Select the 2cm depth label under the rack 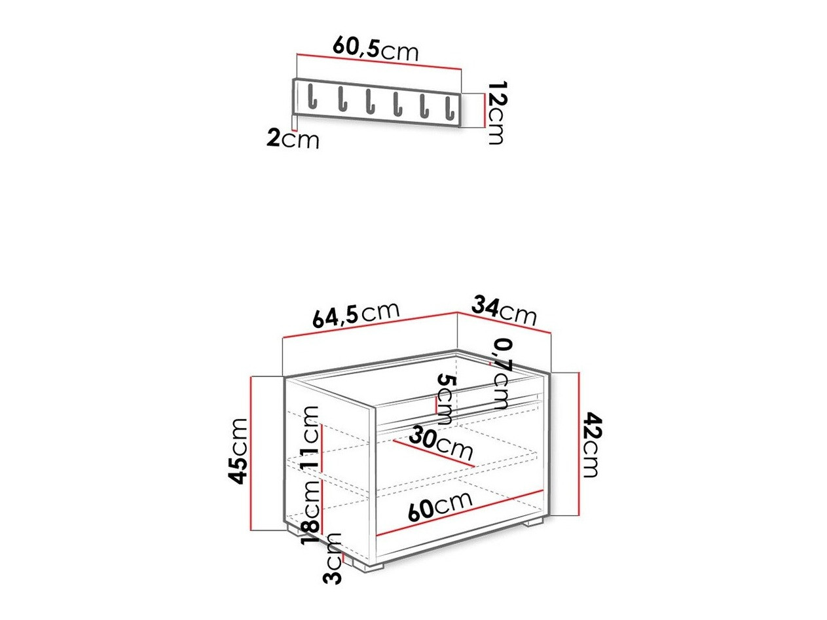pos(293,139)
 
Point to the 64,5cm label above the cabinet pos(355,314)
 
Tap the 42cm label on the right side pos(591,445)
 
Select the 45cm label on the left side pos(240,451)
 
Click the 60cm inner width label pos(439,505)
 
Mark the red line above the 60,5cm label pos(379,61)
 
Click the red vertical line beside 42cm pos(579,445)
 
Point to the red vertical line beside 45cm pos(251,452)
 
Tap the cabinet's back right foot pos(534,522)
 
